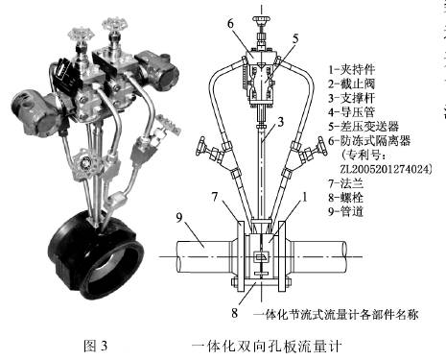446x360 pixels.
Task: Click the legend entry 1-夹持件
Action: [x=353, y=70]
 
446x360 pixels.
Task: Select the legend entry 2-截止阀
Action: [x=353, y=86]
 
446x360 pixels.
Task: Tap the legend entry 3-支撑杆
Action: [x=353, y=104]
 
